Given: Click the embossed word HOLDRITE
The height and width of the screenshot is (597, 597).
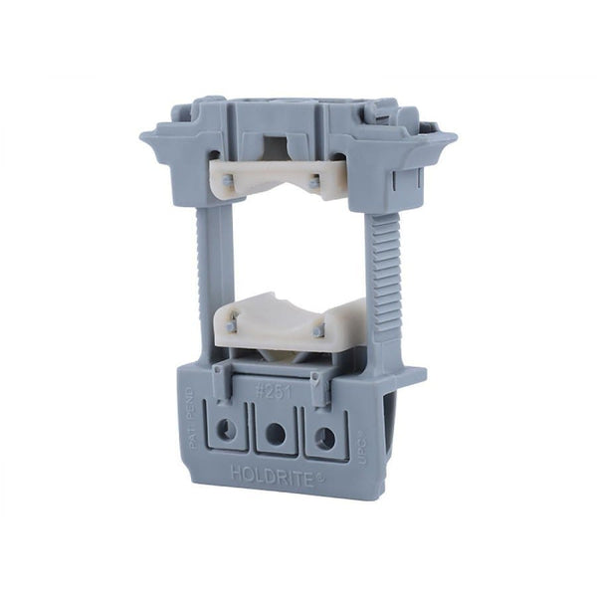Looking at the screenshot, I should point(273,475).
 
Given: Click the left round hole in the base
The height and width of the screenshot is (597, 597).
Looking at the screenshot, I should point(228,430).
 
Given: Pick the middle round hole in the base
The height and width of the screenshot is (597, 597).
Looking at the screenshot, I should point(276,434).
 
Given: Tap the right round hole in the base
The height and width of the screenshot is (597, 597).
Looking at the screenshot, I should point(323,436).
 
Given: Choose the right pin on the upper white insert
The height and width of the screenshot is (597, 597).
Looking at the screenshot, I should point(314,182).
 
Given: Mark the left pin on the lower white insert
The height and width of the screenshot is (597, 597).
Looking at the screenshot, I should point(232,326).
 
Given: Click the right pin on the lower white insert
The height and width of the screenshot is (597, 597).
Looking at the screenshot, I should point(318,331).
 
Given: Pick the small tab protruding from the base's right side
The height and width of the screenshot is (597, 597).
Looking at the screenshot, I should point(413,376).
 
